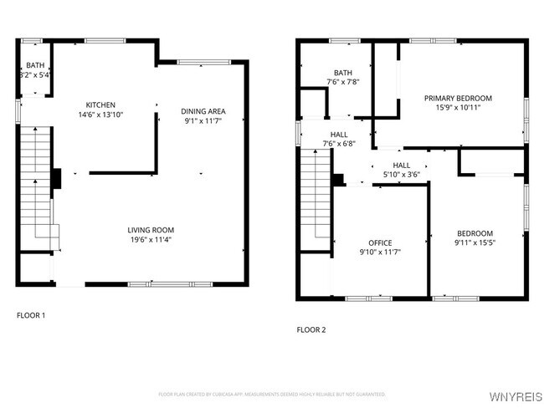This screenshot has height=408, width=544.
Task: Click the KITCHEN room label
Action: coord(100,105)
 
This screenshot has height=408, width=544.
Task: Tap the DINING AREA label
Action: coord(203,111)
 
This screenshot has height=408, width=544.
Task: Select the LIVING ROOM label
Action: coord(151,230)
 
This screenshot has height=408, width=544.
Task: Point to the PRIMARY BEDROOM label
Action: coord(458,99)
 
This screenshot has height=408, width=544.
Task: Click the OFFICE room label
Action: coord(381,242)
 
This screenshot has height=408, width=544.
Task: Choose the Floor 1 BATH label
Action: coord(35,64)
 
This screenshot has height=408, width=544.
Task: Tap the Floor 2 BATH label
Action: coord(343,72)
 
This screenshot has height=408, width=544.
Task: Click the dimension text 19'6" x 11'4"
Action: coord(151,241)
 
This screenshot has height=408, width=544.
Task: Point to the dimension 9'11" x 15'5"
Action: coord(475,243)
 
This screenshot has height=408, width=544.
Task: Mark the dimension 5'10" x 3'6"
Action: coord(402,174)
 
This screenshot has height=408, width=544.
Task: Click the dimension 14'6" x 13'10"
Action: coord(100,115)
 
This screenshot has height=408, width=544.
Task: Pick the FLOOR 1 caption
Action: coord(31,315)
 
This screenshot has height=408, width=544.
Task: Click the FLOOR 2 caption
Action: coord(311,329)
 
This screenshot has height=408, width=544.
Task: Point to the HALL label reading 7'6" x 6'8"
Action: coord(339,134)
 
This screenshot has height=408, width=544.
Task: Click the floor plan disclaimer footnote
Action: coord(272,393)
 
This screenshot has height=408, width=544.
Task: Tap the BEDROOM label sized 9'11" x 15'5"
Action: coord(475,233)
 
